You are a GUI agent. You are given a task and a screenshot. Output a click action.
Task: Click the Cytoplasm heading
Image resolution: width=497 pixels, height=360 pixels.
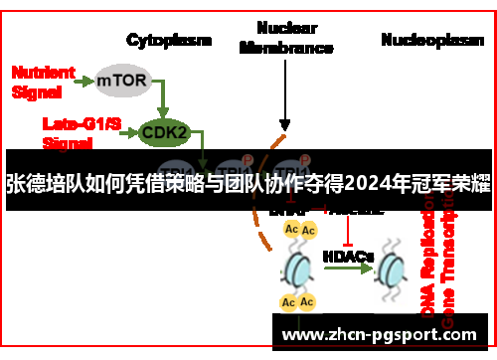click(169, 40)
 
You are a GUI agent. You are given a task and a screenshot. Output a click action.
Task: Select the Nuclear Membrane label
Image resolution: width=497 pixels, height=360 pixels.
click(287, 37)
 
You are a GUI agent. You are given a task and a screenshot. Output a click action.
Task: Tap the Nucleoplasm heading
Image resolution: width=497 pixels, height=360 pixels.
click(431, 40)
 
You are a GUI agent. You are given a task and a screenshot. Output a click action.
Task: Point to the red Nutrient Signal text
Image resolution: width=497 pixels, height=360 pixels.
click(43, 81)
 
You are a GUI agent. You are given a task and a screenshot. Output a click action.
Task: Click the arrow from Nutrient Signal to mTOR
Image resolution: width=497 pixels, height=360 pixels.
click(83, 78)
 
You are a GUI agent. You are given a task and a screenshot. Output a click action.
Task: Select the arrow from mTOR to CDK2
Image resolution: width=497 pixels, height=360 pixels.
click(162, 97)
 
